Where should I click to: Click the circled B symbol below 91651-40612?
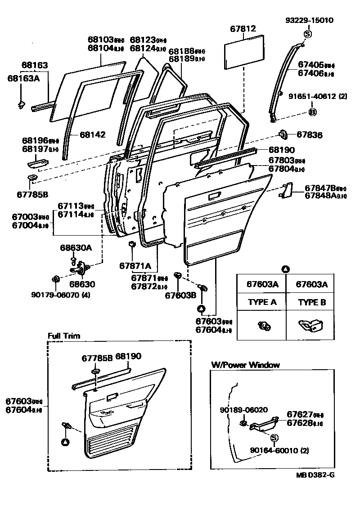click(312, 112)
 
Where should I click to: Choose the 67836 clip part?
click(284, 134)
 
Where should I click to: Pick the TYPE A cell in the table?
click(262, 302)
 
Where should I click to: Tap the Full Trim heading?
click(63, 336)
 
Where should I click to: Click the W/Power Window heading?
click(245, 365)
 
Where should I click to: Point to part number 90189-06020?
click(243, 410)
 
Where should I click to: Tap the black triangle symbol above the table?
click(285, 269)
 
